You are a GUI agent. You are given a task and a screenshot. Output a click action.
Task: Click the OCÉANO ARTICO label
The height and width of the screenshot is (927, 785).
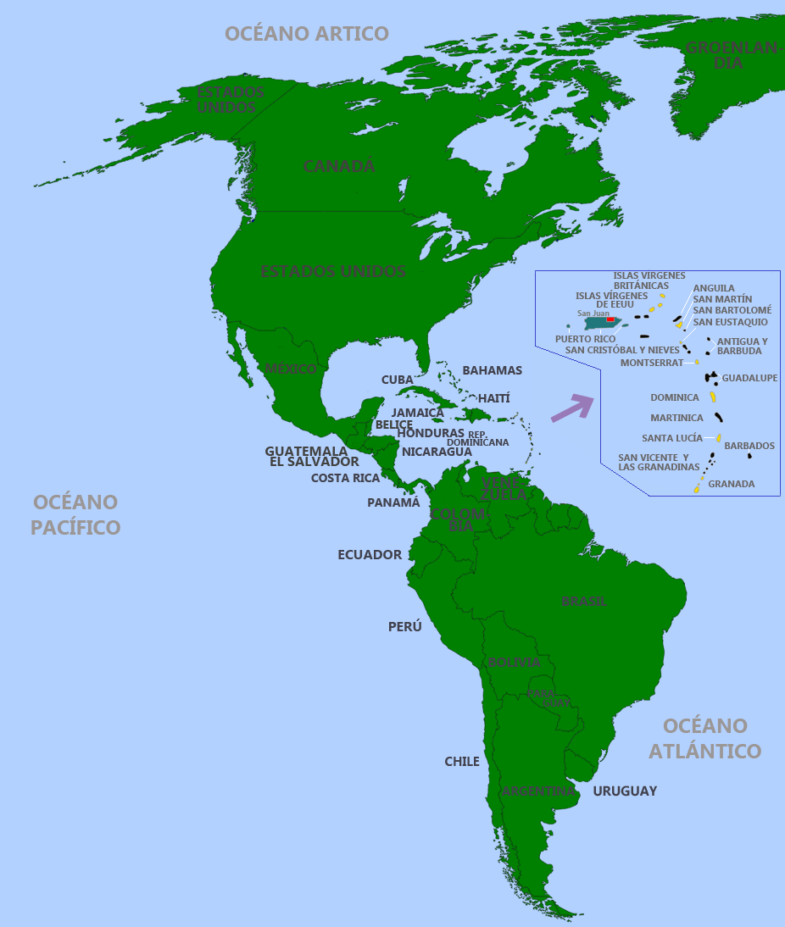point(306,34)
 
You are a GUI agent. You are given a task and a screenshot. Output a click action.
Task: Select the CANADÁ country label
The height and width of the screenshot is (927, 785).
point(339,167)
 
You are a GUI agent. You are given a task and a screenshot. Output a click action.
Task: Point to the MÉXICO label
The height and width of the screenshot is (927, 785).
point(290,369)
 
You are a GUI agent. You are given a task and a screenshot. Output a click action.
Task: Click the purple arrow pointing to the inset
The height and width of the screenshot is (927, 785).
point(572,408)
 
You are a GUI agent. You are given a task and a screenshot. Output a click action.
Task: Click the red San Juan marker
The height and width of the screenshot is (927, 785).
point(610,319)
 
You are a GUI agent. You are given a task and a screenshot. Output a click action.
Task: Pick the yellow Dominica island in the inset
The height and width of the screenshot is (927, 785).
point(713,397)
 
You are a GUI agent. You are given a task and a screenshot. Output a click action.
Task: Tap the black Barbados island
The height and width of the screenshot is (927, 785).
point(749,457)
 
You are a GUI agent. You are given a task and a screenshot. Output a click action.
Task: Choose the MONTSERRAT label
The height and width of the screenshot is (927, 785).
point(651,363)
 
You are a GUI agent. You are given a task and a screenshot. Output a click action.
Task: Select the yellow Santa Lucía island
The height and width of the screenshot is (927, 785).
point(718,438)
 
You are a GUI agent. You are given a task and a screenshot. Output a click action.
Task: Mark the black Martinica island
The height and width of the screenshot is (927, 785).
point(719,417)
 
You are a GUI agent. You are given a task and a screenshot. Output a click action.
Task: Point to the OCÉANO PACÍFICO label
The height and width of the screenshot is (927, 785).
point(75,514)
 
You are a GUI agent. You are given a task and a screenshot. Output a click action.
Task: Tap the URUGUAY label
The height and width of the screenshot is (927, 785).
point(625,791)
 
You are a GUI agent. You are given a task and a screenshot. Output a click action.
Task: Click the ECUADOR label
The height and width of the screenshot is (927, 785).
point(370,555)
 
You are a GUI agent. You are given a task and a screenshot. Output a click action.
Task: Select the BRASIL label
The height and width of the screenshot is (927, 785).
point(584,601)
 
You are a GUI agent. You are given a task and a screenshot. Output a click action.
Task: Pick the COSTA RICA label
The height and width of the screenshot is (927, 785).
point(345,478)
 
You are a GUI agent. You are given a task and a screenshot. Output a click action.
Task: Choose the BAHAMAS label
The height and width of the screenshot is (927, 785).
point(492,370)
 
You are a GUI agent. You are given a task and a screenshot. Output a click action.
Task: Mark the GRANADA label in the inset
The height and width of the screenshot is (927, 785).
point(731,485)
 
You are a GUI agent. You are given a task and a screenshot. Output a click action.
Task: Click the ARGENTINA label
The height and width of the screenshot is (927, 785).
point(538,791)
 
